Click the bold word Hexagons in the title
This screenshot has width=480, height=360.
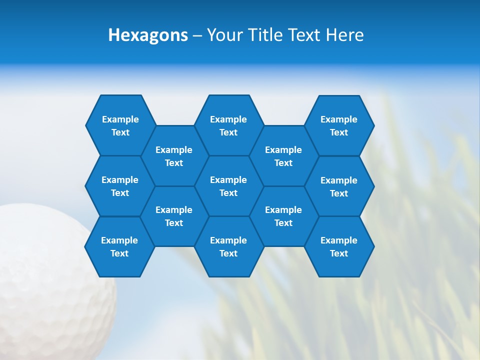[x=148, y=35]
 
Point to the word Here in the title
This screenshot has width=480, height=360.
[x=344, y=35]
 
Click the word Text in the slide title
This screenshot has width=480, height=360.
[x=305, y=35]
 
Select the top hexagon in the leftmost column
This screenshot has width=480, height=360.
[x=120, y=125]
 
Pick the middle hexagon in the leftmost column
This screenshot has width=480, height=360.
[x=120, y=186]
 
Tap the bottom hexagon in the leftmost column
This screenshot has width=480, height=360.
[x=119, y=246]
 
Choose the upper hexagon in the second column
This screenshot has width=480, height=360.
[x=174, y=156]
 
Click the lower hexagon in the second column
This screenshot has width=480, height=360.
[x=174, y=216]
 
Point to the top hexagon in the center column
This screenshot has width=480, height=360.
[x=228, y=125]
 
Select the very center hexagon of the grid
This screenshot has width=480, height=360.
[x=228, y=186]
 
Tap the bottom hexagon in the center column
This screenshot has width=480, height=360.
[x=228, y=246]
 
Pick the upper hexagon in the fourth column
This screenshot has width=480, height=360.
[x=283, y=156]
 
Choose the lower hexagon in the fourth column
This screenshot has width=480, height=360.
[x=283, y=216]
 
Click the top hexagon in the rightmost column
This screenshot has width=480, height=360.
[x=339, y=125]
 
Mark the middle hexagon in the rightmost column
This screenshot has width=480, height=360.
[x=339, y=186]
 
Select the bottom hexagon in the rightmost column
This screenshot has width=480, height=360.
[x=339, y=246]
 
